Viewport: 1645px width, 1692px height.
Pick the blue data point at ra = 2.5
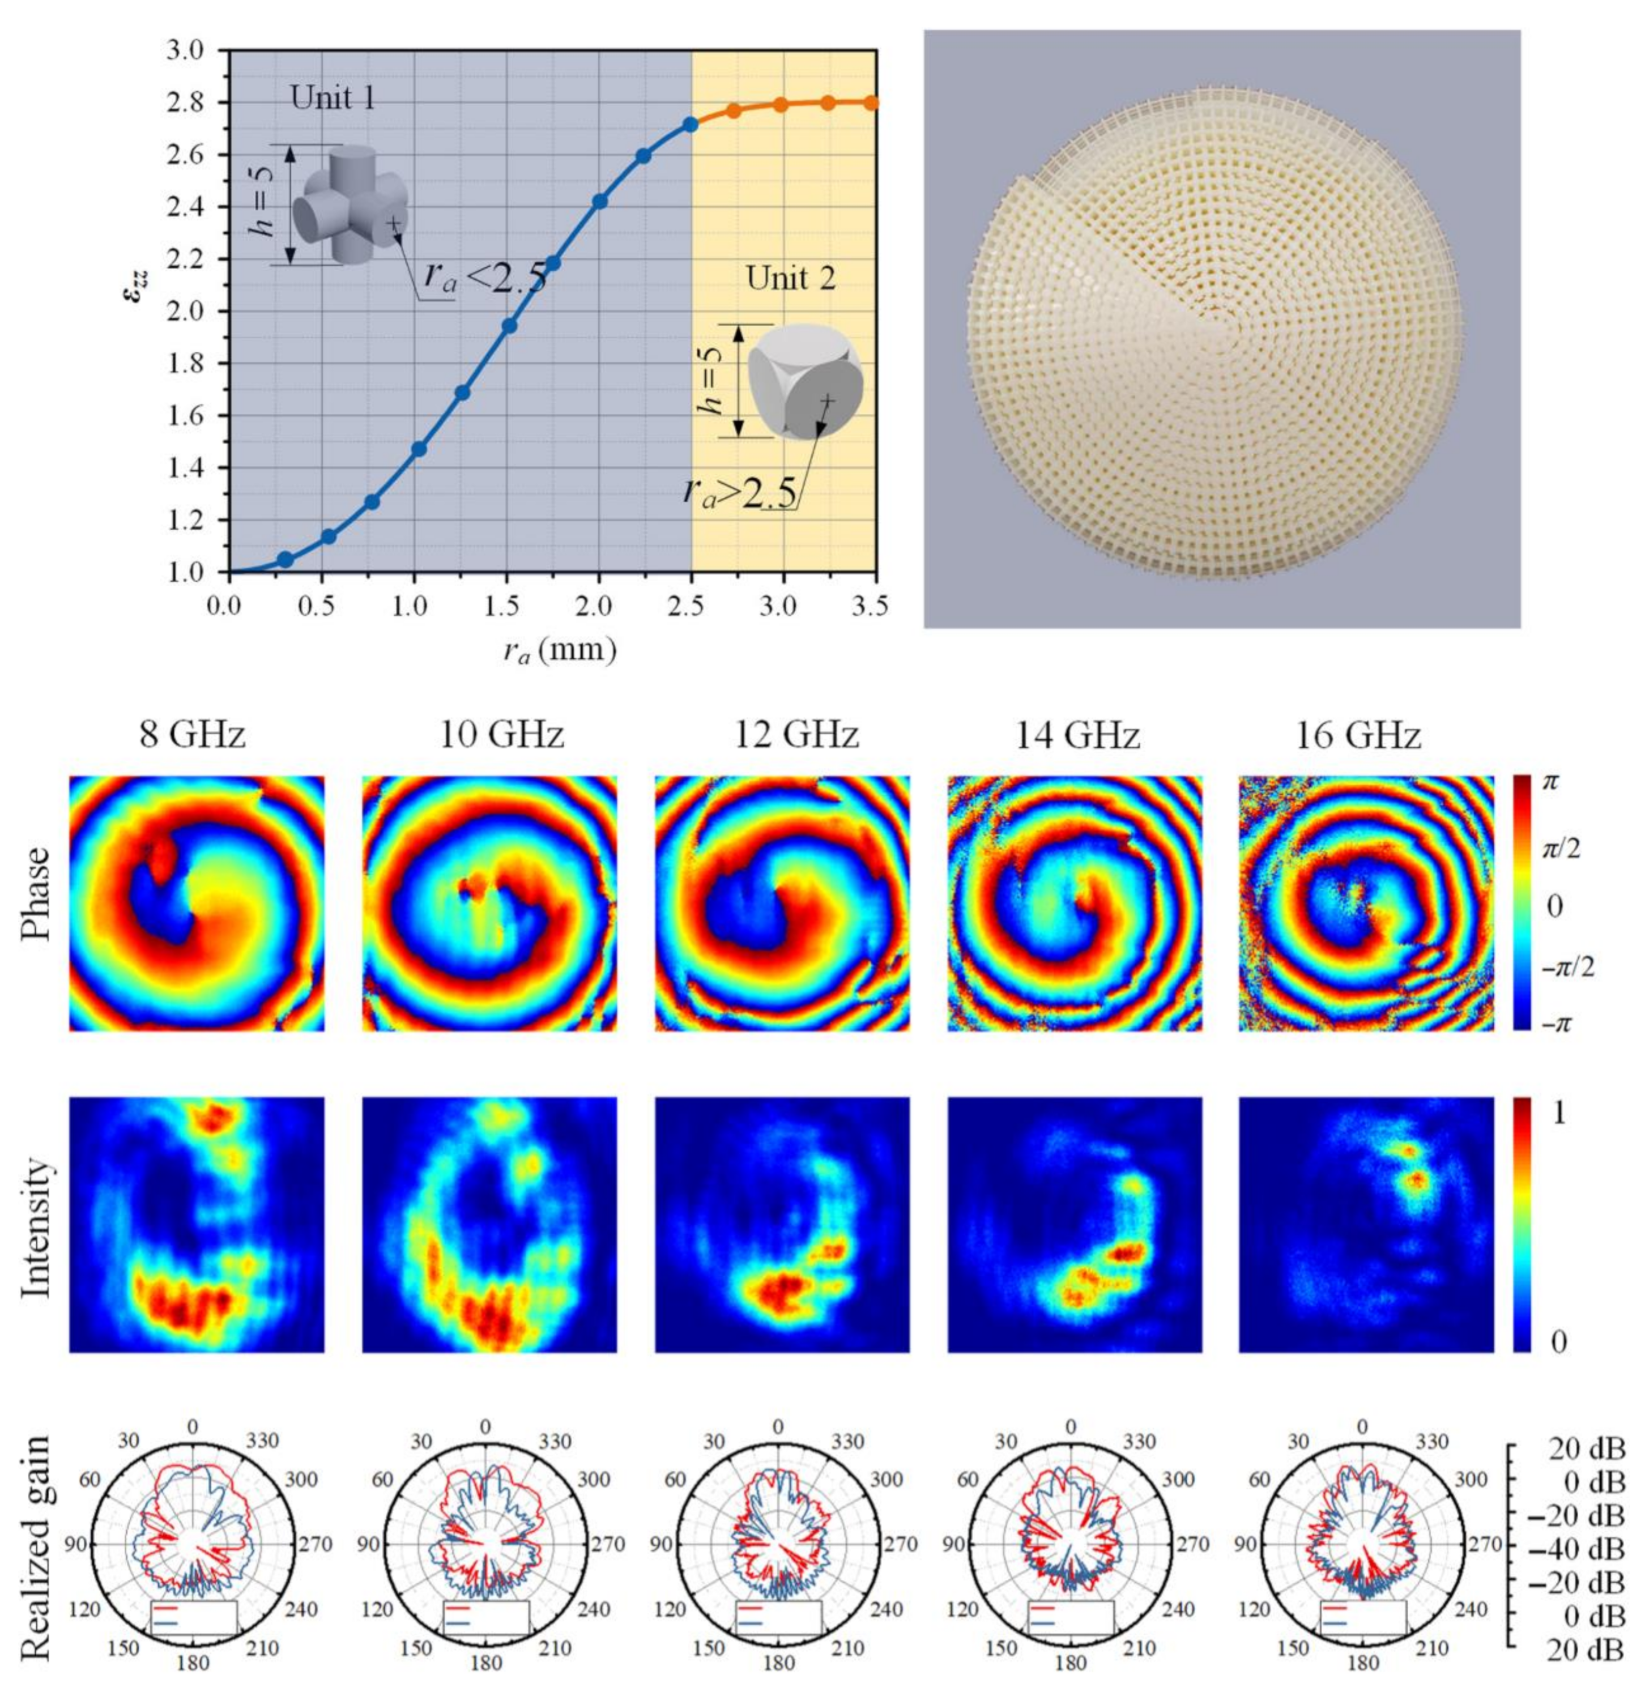[691, 125]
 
